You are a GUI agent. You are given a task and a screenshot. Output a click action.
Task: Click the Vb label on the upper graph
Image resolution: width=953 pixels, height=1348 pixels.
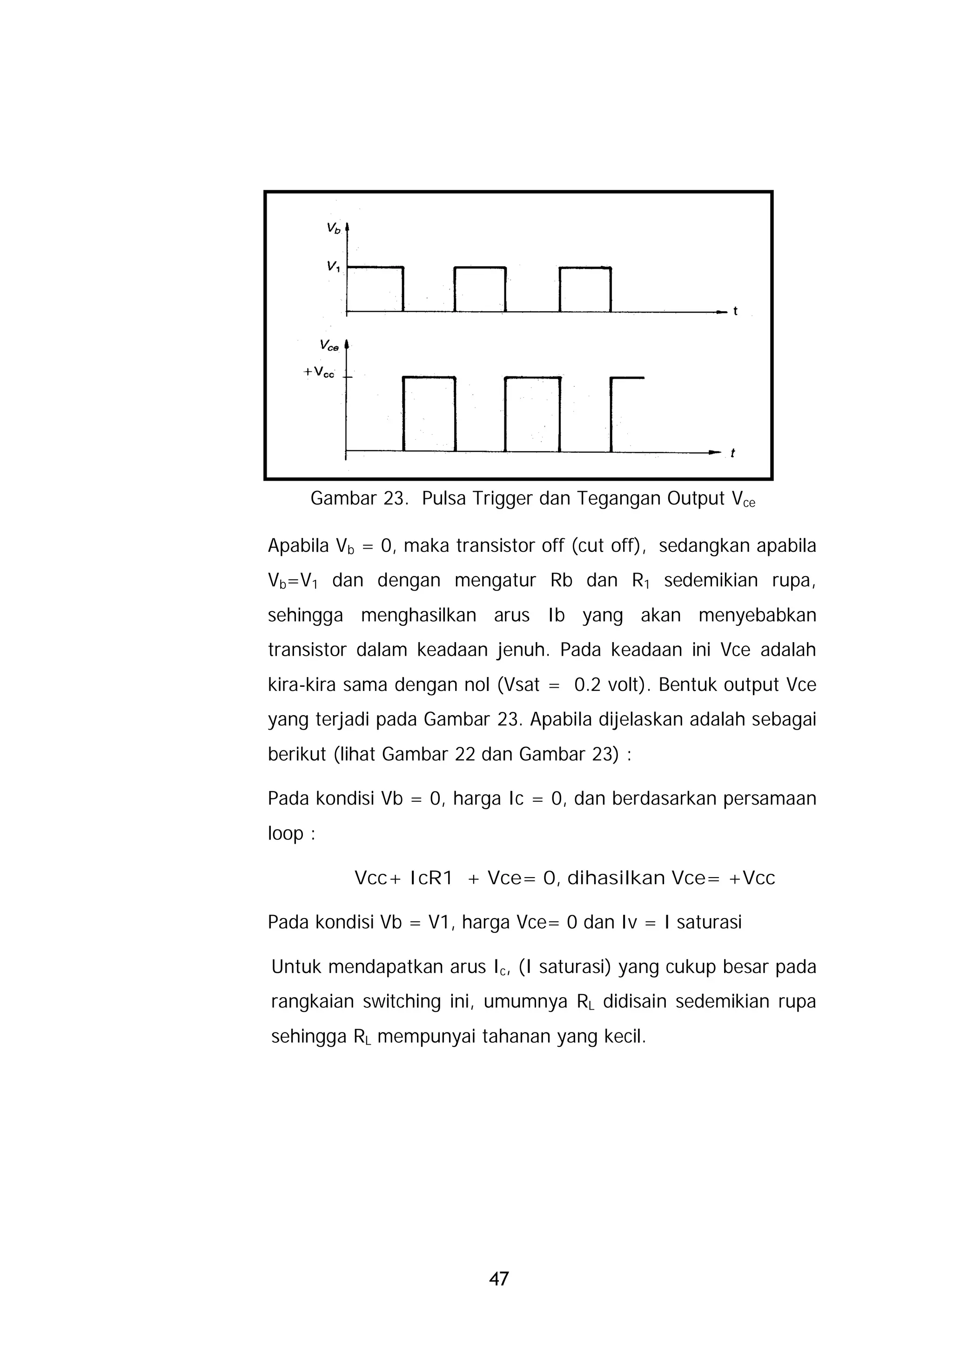[x=333, y=229]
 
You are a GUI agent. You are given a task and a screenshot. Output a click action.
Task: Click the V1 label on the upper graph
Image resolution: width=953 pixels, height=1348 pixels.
[x=333, y=267]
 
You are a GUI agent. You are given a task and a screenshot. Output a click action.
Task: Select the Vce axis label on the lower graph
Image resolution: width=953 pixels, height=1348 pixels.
[x=329, y=346]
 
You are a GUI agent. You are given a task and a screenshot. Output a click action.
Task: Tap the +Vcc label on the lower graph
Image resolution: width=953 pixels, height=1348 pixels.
[x=318, y=372]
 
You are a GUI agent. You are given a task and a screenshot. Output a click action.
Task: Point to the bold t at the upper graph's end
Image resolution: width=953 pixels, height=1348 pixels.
[x=735, y=312]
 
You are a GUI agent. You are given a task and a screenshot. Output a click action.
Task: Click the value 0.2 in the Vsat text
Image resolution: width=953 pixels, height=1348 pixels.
[x=588, y=685]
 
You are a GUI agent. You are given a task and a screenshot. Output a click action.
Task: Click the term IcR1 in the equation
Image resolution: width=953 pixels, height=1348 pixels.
[x=431, y=879]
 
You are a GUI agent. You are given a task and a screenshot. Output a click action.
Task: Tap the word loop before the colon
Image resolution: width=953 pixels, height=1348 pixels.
[x=285, y=834]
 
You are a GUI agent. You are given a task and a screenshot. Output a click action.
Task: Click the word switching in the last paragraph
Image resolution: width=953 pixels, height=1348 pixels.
[x=401, y=1002]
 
